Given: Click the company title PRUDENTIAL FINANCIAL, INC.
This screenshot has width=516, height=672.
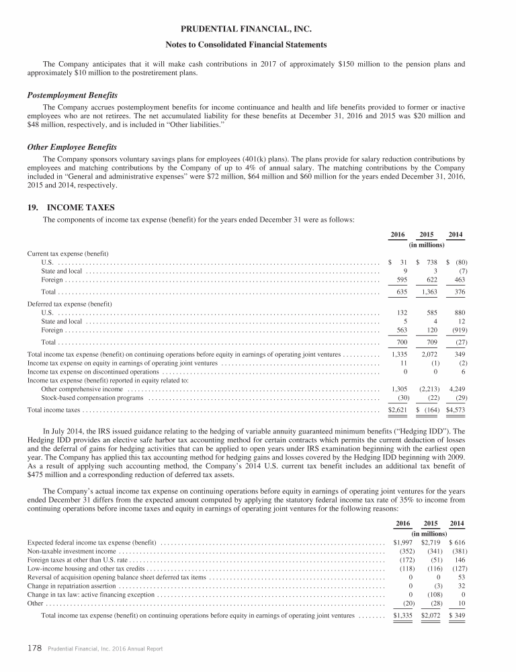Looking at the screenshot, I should pyautogui.click(x=257, y=30).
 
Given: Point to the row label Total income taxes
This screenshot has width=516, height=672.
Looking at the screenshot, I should pyautogui.click(x=53, y=409).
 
